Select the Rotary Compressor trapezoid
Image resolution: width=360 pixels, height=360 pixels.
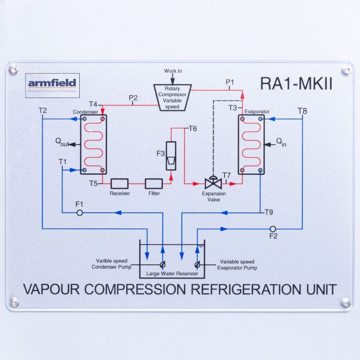(x=172, y=97)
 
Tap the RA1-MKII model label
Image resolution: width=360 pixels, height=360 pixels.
(x=296, y=84)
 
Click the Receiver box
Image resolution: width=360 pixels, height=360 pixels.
(x=120, y=183)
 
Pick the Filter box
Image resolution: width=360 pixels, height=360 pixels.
(x=154, y=183)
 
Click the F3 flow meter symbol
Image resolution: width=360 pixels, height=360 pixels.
(x=171, y=156)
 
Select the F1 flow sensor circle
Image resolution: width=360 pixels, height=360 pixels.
(x=79, y=213)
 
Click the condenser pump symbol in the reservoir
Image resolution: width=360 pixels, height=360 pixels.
(x=163, y=264)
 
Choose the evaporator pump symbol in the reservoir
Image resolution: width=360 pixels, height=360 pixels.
(x=197, y=264)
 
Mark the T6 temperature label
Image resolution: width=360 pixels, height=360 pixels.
(x=193, y=128)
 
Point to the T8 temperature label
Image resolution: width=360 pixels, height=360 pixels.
(x=302, y=111)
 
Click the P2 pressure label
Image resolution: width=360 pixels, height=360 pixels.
(x=133, y=98)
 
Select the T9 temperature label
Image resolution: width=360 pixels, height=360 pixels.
(x=269, y=212)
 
